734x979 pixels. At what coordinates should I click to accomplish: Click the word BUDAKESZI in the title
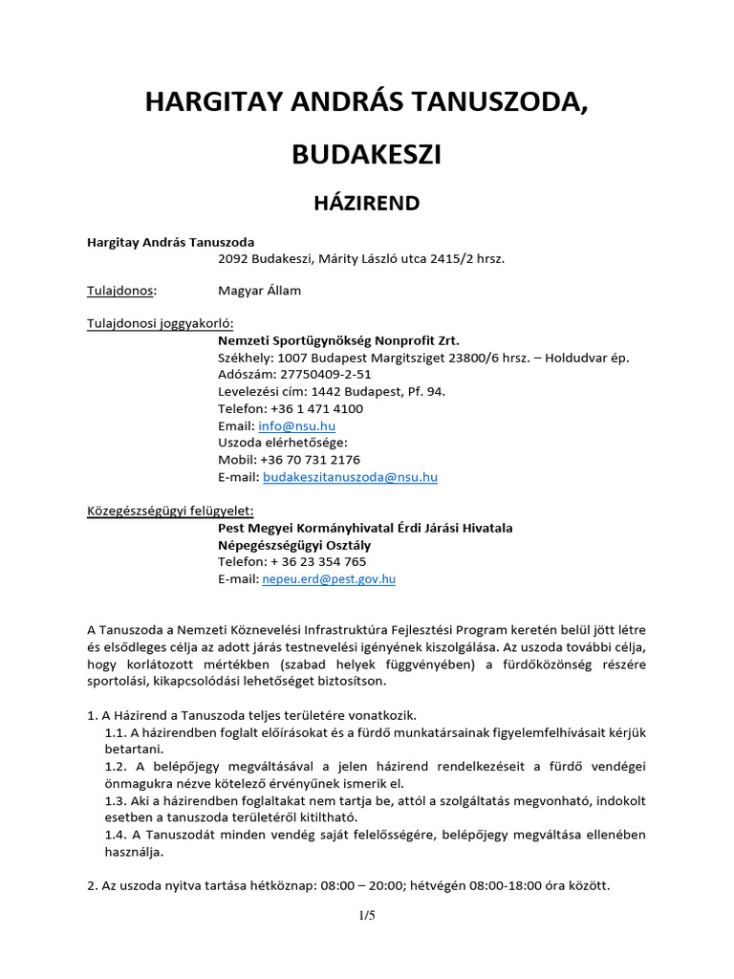click(367, 155)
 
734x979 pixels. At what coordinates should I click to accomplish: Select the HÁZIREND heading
click(367, 203)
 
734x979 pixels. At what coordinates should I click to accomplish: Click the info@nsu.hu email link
click(296, 425)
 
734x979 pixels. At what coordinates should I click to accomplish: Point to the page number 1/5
click(367, 916)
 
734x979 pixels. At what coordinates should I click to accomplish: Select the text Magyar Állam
click(259, 290)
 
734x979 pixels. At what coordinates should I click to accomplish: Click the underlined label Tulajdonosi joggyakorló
click(161, 323)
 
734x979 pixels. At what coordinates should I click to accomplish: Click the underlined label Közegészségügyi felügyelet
click(171, 511)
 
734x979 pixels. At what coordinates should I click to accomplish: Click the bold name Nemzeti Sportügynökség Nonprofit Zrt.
click(338, 340)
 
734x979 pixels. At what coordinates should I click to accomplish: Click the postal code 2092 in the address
click(234, 257)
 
